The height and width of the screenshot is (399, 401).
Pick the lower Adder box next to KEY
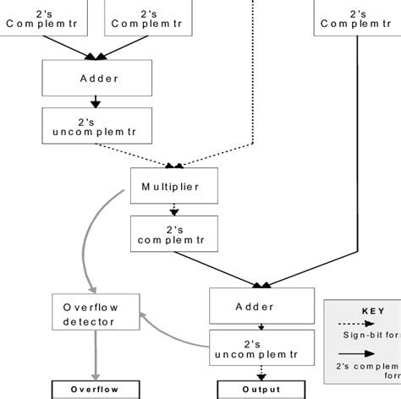[261, 305]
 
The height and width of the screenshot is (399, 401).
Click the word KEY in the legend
[373, 310]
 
